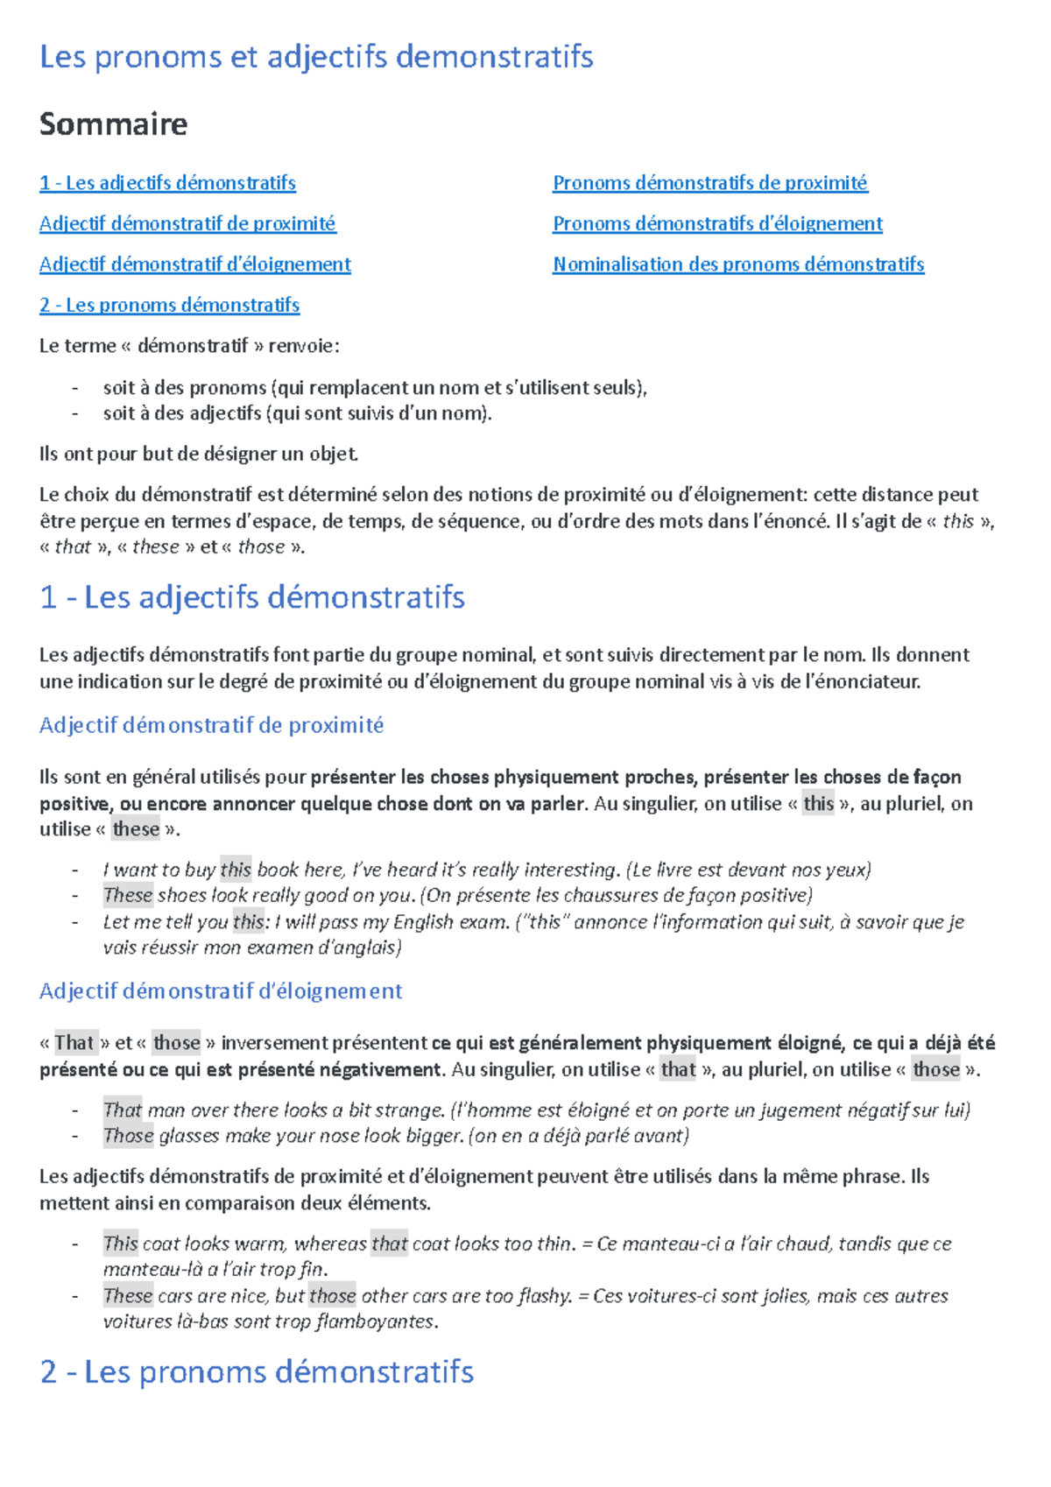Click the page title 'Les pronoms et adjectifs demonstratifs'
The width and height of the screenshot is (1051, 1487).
point(316,57)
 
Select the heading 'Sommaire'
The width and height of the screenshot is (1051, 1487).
point(113,124)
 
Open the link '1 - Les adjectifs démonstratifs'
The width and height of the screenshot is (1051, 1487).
point(167,183)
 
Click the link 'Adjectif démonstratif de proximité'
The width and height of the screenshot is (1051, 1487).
point(187,223)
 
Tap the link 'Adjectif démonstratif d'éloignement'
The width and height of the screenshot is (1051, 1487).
point(194,264)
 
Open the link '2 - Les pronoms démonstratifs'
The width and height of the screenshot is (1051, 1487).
point(169,305)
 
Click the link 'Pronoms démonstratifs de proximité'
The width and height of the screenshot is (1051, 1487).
point(709,183)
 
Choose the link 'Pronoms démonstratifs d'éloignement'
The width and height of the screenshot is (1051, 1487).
point(717,223)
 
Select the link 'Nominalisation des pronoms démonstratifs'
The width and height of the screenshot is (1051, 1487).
point(738,264)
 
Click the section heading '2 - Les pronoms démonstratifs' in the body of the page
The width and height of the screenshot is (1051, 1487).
point(257,1371)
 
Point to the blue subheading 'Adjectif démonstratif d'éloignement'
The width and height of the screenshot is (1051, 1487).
point(221,991)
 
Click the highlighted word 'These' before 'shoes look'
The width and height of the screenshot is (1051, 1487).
point(128,895)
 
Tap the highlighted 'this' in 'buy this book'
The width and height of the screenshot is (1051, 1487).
point(236,870)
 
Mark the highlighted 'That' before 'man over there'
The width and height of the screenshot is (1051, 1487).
point(123,1110)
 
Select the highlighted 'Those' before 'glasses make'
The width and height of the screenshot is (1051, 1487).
point(128,1136)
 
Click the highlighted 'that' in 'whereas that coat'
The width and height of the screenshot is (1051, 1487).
point(389,1244)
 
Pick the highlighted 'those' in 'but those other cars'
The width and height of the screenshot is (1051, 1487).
point(332,1296)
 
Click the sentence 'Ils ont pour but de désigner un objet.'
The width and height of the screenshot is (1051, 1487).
point(199,454)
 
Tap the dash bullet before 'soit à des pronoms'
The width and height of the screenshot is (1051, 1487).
point(75,388)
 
